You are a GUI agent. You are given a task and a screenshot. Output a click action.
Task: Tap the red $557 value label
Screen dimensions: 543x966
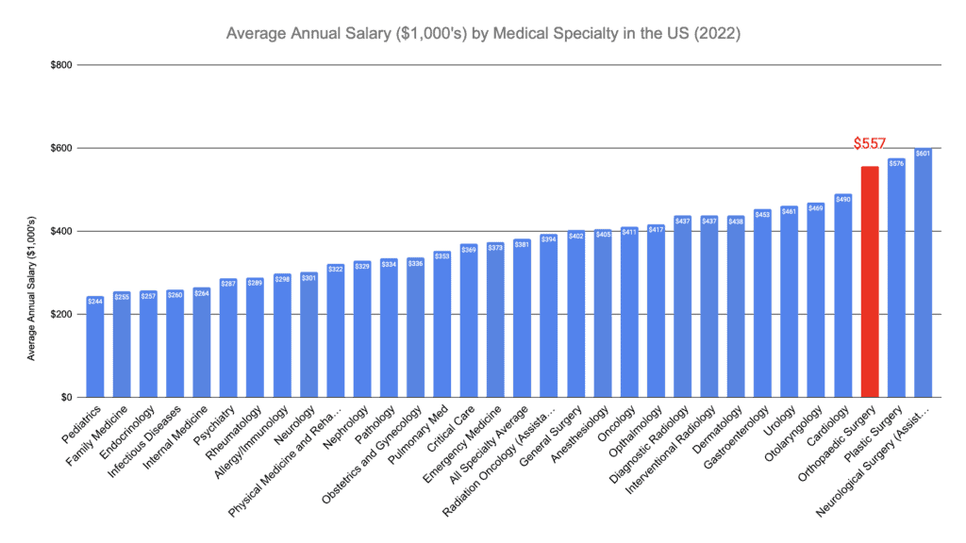pos(870,144)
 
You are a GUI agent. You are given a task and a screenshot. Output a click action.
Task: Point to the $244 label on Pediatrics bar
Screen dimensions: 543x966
pos(95,302)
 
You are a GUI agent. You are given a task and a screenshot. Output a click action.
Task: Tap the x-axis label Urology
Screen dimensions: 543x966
pos(779,421)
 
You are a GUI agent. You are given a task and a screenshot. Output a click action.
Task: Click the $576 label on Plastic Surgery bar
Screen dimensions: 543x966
pos(896,164)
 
